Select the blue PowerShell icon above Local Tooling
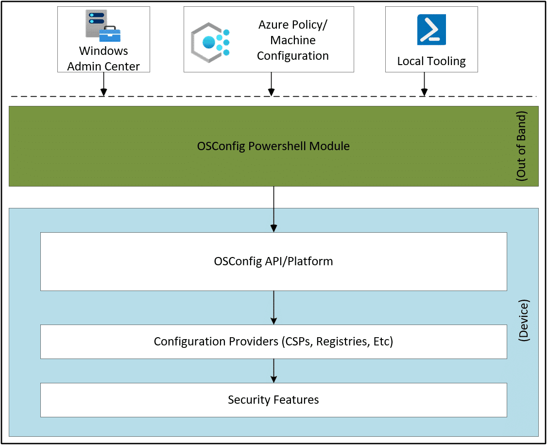(x=431, y=29)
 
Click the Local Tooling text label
(x=431, y=61)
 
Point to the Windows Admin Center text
(x=103, y=58)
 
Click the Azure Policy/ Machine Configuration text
(x=292, y=40)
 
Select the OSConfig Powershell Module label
(x=273, y=146)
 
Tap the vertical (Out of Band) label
(x=521, y=146)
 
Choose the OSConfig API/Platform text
(x=273, y=261)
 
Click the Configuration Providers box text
(x=273, y=342)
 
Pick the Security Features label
(x=273, y=400)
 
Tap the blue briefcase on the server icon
(x=110, y=34)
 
